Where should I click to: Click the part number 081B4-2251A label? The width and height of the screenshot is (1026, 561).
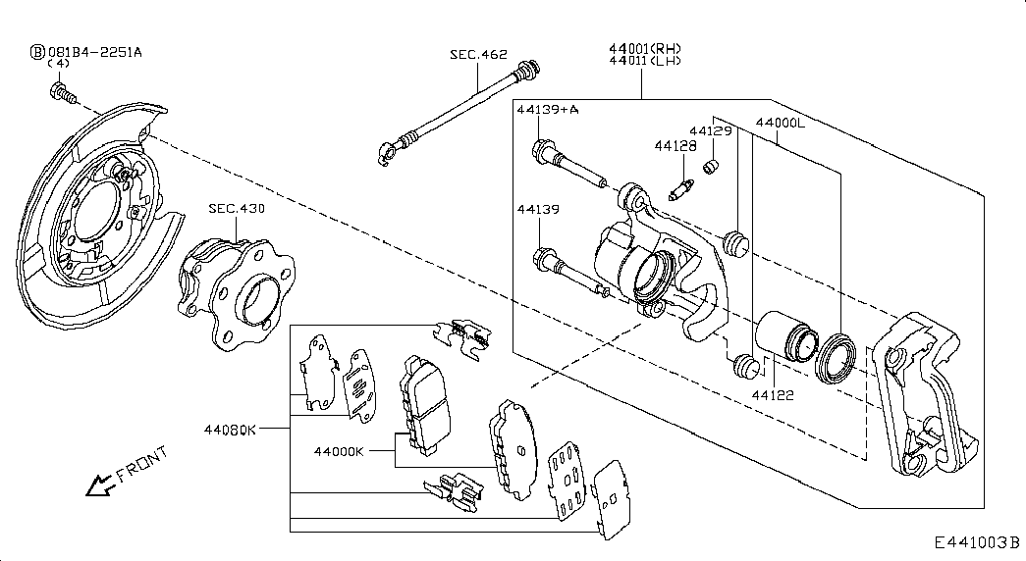tap(95, 52)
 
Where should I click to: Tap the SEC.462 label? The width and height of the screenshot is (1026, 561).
tap(478, 54)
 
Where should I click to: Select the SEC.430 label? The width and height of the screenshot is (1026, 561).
tap(237, 209)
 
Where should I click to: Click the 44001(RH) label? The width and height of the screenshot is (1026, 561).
tap(645, 48)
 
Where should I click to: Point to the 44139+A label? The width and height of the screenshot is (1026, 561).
tap(548, 109)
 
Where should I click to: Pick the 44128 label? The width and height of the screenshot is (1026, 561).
tap(675, 146)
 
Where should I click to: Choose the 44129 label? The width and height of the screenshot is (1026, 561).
tap(711, 130)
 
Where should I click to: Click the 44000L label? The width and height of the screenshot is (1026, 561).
tap(781, 123)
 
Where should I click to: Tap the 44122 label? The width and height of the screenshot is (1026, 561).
tap(773, 395)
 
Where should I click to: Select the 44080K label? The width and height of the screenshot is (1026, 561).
tap(231, 430)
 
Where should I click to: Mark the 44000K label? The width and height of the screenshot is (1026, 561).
tap(339, 451)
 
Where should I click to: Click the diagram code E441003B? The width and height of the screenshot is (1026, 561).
tap(977, 542)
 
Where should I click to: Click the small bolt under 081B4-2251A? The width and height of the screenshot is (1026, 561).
tap(63, 93)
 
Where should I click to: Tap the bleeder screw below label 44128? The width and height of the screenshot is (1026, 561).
tap(681, 190)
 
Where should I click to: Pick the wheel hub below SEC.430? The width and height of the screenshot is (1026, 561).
tap(237, 293)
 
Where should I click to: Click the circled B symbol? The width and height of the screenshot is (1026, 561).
tap(38, 52)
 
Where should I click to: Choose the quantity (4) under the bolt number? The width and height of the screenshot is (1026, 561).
tap(59, 64)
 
